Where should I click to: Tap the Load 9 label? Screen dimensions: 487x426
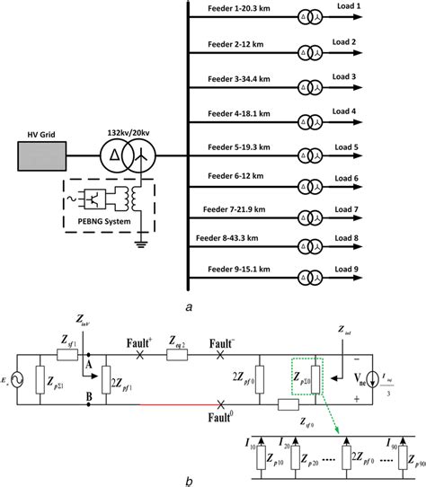(370, 266)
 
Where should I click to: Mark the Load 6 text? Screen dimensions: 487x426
(370, 178)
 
